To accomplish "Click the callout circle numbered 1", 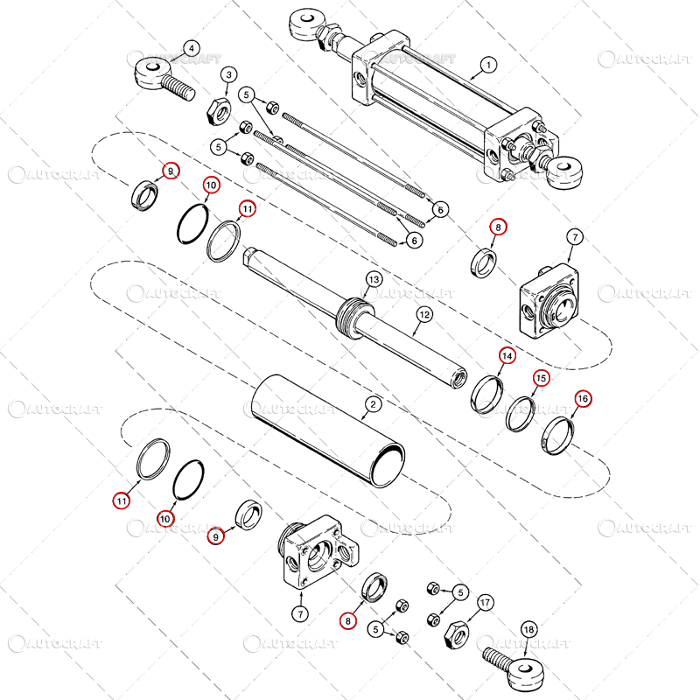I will tap(488, 64).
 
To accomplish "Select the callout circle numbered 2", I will tap(373, 404).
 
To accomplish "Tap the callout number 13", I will tap(374, 279).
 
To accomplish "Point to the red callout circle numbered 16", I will tap(583, 399).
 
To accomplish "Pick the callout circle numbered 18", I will tap(528, 629).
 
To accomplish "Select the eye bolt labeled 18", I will tap(521, 669).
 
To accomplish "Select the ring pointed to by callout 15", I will tap(520, 413).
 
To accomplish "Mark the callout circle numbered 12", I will tap(423, 313).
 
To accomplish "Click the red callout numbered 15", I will tap(542, 378).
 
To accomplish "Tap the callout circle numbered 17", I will tap(485, 603).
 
